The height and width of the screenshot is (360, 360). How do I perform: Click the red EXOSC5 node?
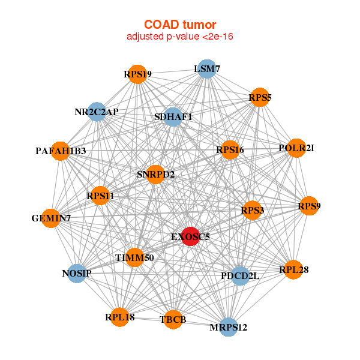(191, 236)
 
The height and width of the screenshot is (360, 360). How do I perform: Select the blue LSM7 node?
(207, 69)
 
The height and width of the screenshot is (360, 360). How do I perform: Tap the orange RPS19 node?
(137, 74)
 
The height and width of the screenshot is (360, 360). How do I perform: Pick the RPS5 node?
(260, 97)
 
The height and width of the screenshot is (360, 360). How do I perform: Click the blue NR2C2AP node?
(97, 112)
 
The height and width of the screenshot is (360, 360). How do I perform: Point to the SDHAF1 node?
(173, 117)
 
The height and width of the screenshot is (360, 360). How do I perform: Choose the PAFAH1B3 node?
(61, 151)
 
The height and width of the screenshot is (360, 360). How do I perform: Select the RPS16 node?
(230, 150)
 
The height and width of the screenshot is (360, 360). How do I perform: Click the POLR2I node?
(296, 148)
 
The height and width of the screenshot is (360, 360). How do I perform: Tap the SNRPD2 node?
(155, 175)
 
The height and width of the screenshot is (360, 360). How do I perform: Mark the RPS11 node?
(100, 196)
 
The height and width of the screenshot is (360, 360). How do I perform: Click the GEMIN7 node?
(51, 218)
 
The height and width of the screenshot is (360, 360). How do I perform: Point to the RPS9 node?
(309, 206)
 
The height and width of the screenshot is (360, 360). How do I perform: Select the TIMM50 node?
(135, 257)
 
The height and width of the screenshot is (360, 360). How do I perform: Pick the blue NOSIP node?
(77, 274)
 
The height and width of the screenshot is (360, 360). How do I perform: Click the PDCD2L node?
(240, 276)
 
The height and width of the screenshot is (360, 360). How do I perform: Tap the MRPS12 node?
(229, 327)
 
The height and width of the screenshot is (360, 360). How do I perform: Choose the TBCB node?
(173, 319)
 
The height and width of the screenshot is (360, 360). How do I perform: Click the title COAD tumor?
(180, 25)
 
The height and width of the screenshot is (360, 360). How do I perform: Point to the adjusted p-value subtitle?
(180, 37)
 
